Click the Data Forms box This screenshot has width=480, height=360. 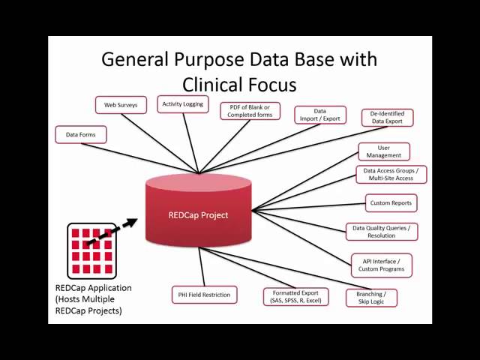81,135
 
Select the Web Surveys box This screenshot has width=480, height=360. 121,106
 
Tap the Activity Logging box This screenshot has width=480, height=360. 182,104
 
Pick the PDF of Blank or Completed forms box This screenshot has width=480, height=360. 250,111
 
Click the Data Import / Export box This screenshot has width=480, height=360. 320,115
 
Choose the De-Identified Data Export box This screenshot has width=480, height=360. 388,117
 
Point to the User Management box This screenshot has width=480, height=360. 384,151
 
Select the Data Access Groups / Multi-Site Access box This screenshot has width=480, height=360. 391,175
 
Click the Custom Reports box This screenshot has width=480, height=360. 390,202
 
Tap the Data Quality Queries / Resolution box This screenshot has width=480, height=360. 382,231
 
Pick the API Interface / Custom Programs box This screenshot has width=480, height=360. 382,264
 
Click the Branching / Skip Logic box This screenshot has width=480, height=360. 371,298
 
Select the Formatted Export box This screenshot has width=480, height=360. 295,296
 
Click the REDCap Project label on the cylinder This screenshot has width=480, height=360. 198,215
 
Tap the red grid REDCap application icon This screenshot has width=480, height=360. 91,250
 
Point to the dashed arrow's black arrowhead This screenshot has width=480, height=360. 132,222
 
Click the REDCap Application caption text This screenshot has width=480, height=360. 93,288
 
